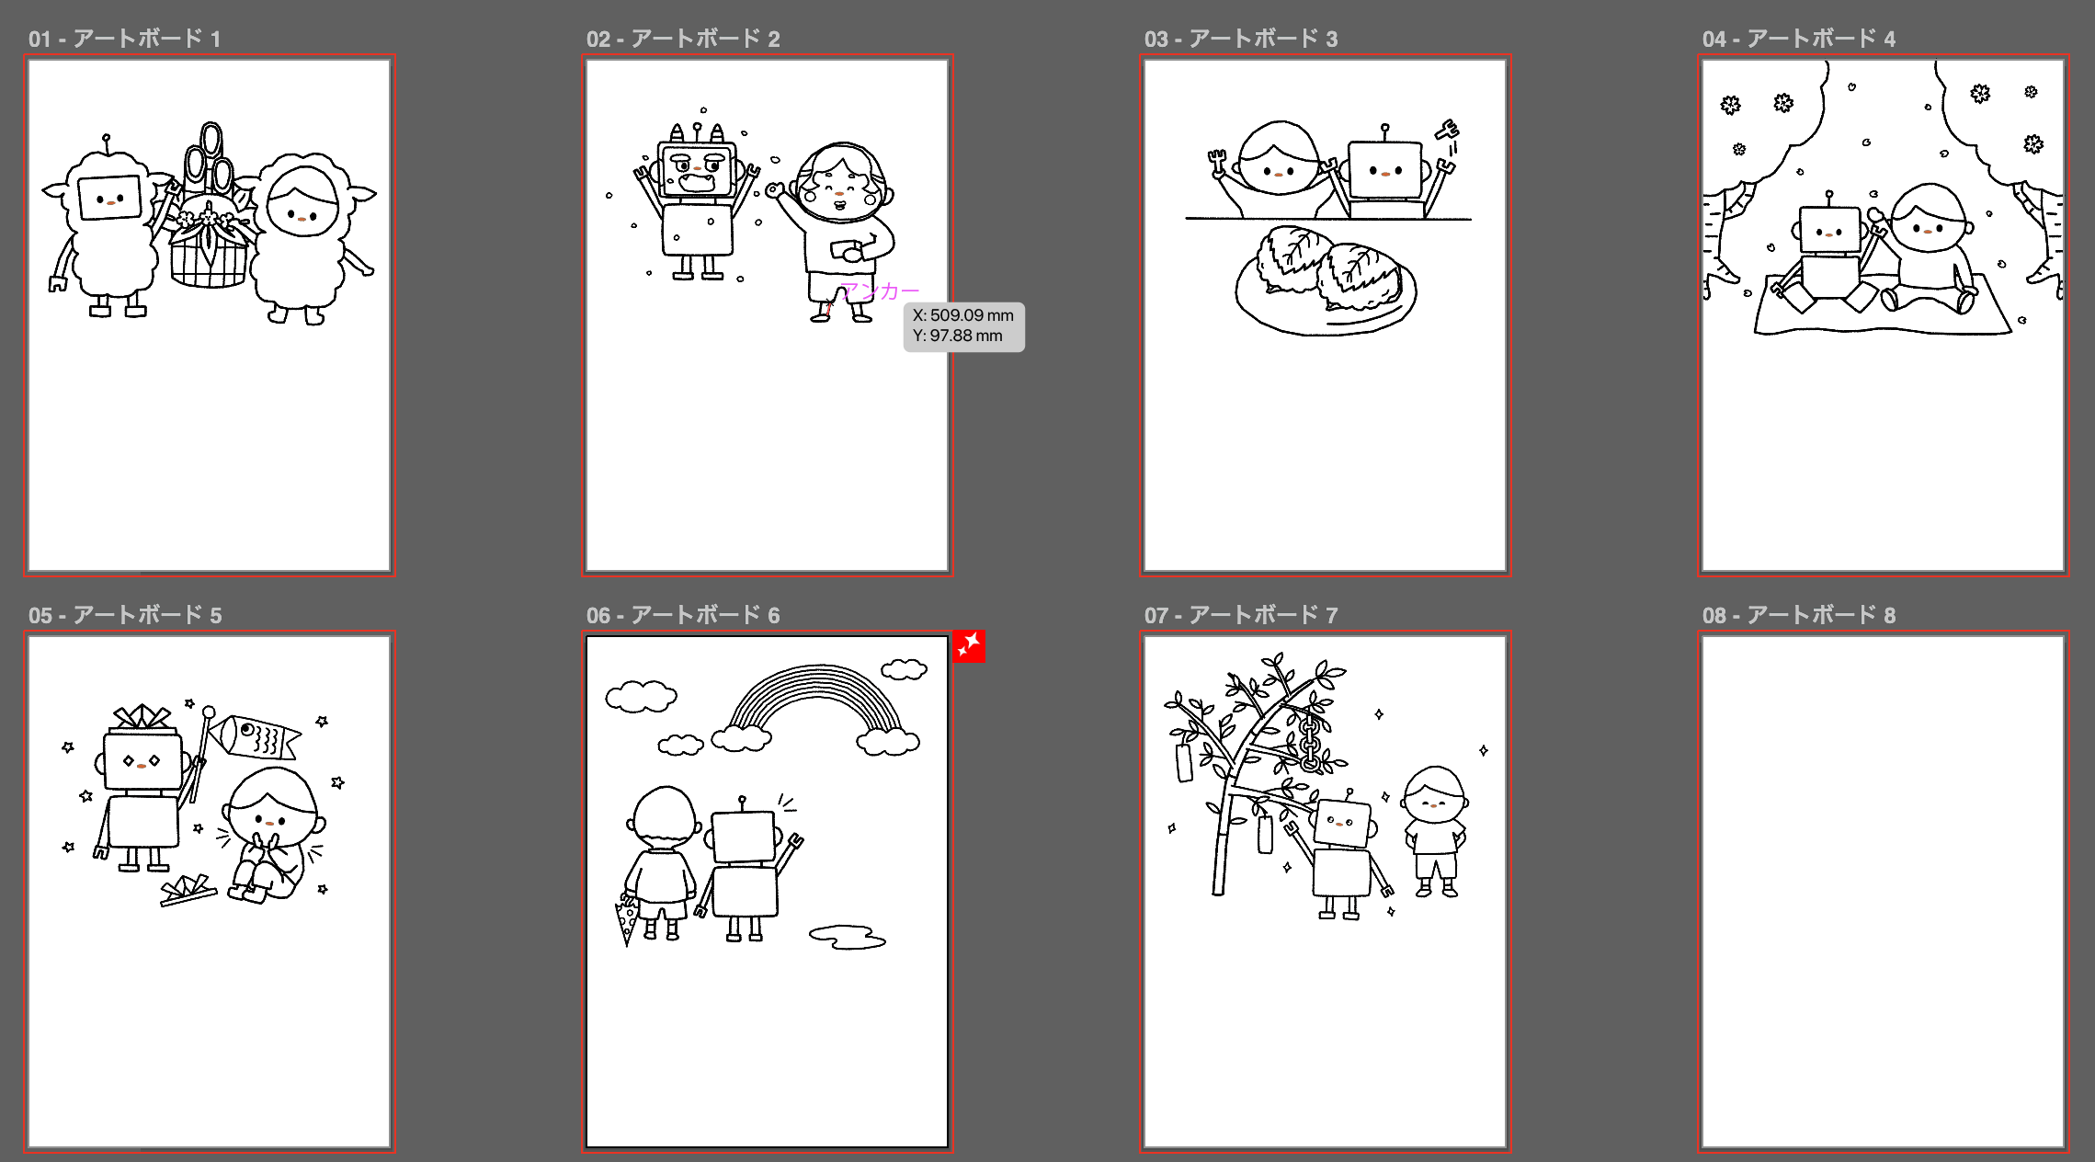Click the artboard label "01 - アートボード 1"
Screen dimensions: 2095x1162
pos(124,39)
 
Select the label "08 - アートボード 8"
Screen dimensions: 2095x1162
pos(1798,615)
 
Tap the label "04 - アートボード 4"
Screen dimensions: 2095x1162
pos(1798,39)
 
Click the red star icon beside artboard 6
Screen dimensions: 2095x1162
pos(968,646)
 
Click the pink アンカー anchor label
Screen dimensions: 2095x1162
pos(881,291)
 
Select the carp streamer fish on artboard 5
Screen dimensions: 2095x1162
pos(253,736)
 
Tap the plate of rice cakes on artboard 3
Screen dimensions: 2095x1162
pos(1326,281)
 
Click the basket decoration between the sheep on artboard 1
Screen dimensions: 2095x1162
pos(210,221)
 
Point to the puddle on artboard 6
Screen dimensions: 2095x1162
pos(847,937)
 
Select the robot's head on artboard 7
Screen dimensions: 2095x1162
pos(1343,821)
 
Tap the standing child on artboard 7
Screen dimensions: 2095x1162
pos(1435,831)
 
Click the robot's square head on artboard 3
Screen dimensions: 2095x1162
pos(1385,169)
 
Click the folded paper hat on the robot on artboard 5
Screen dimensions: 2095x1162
pos(142,718)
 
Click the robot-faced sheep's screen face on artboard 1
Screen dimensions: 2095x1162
pos(109,197)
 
